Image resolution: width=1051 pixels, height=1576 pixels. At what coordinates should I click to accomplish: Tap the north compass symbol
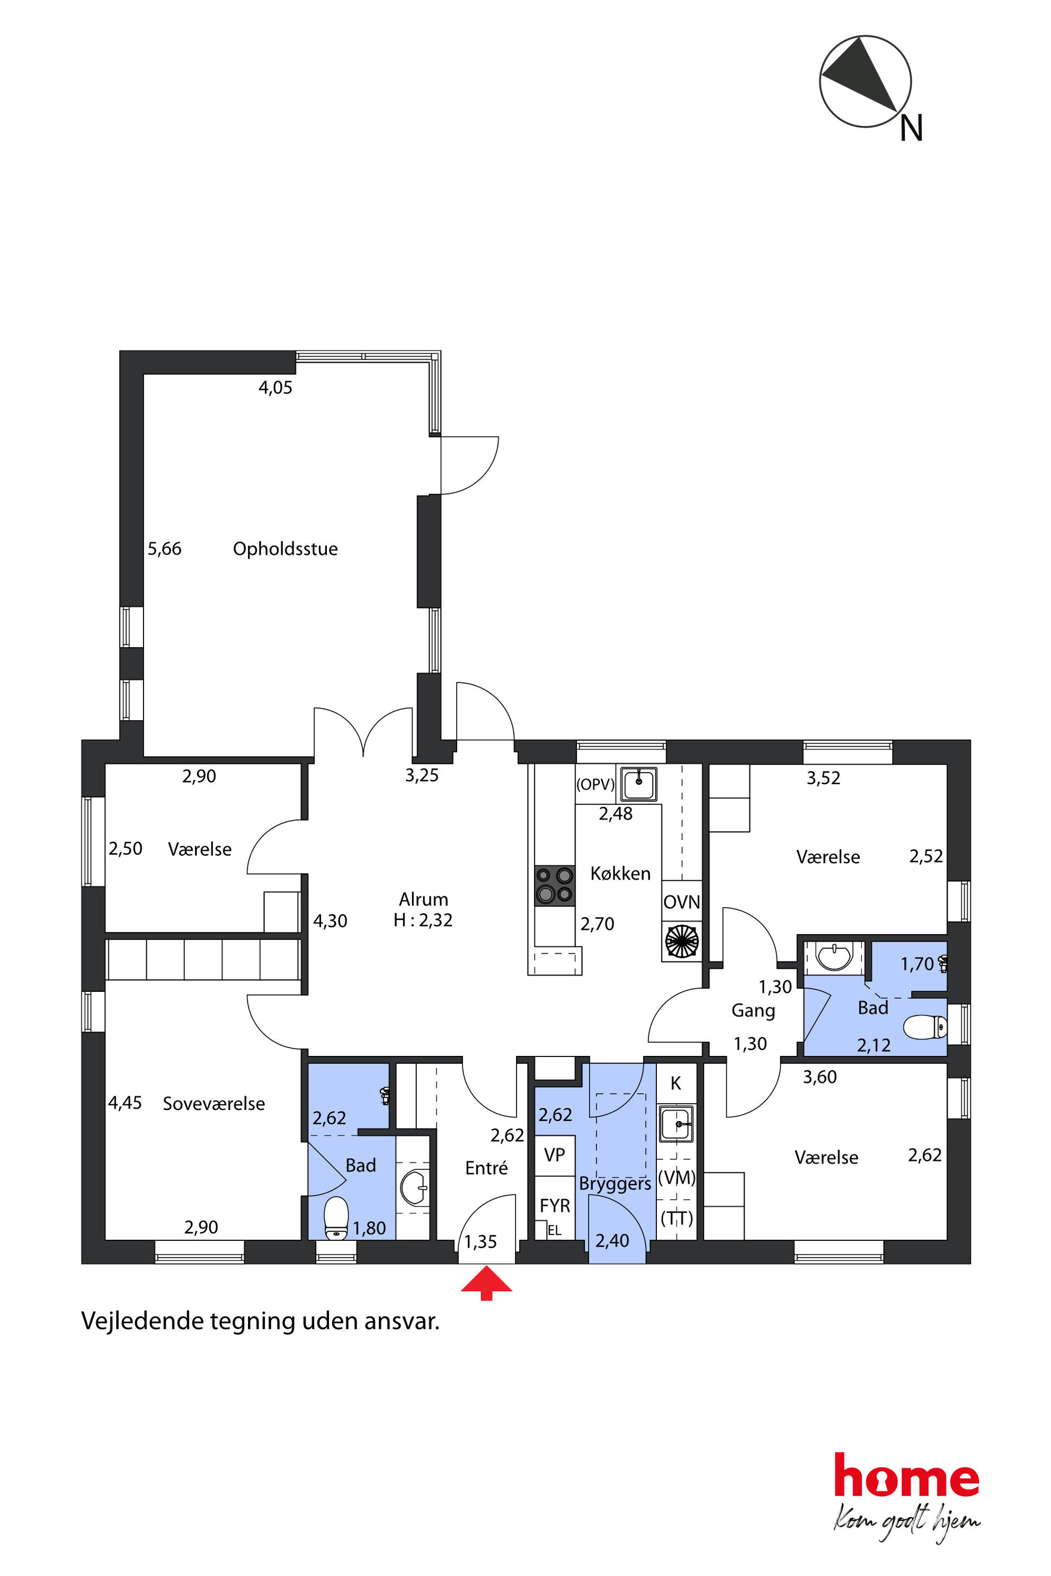pos(866,82)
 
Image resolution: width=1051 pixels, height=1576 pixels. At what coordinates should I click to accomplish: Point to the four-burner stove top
pos(554,885)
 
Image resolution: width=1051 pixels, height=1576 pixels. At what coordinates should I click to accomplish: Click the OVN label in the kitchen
pos(682,902)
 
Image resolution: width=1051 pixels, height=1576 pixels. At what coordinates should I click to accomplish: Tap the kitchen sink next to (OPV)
pos(639,784)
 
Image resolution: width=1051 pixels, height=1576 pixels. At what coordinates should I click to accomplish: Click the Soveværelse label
pos(214,1104)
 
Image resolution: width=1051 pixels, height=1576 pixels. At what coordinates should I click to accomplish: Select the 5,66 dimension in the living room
pos(164,549)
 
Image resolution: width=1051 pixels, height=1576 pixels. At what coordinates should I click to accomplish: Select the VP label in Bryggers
pos(554,1154)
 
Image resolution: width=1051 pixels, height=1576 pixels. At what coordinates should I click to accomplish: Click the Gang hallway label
pos(753,1011)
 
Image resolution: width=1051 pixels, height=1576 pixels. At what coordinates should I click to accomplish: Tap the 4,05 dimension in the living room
pos(275,387)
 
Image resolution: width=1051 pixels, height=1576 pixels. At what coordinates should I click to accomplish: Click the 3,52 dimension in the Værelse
pos(823,778)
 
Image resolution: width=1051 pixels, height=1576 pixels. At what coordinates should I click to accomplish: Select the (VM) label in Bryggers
pos(676,1178)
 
